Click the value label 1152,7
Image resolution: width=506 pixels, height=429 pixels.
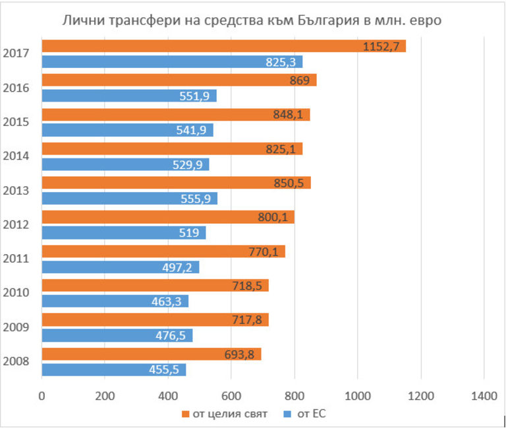381,46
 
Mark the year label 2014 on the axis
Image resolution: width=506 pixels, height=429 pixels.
15,156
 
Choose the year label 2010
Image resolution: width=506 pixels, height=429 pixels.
15,292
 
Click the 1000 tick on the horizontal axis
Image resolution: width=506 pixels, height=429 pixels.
358,396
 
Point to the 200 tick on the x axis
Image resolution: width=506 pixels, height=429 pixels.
105,396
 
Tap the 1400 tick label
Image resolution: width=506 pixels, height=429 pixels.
484,396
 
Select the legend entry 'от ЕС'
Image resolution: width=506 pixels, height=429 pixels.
308,414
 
